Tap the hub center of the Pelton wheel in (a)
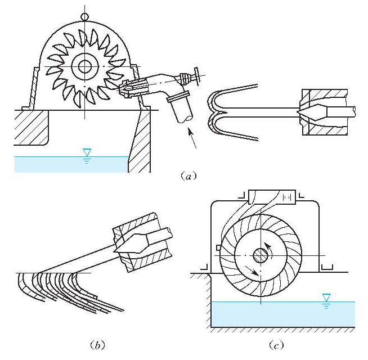tap(85, 66)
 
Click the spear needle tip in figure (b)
tap(115, 248)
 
